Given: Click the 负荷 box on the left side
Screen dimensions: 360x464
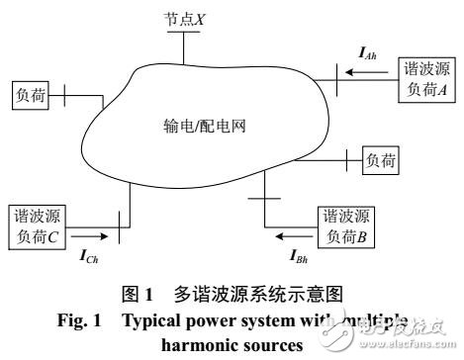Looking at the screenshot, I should [29, 95].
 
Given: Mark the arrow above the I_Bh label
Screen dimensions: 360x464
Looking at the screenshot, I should [293, 236].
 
